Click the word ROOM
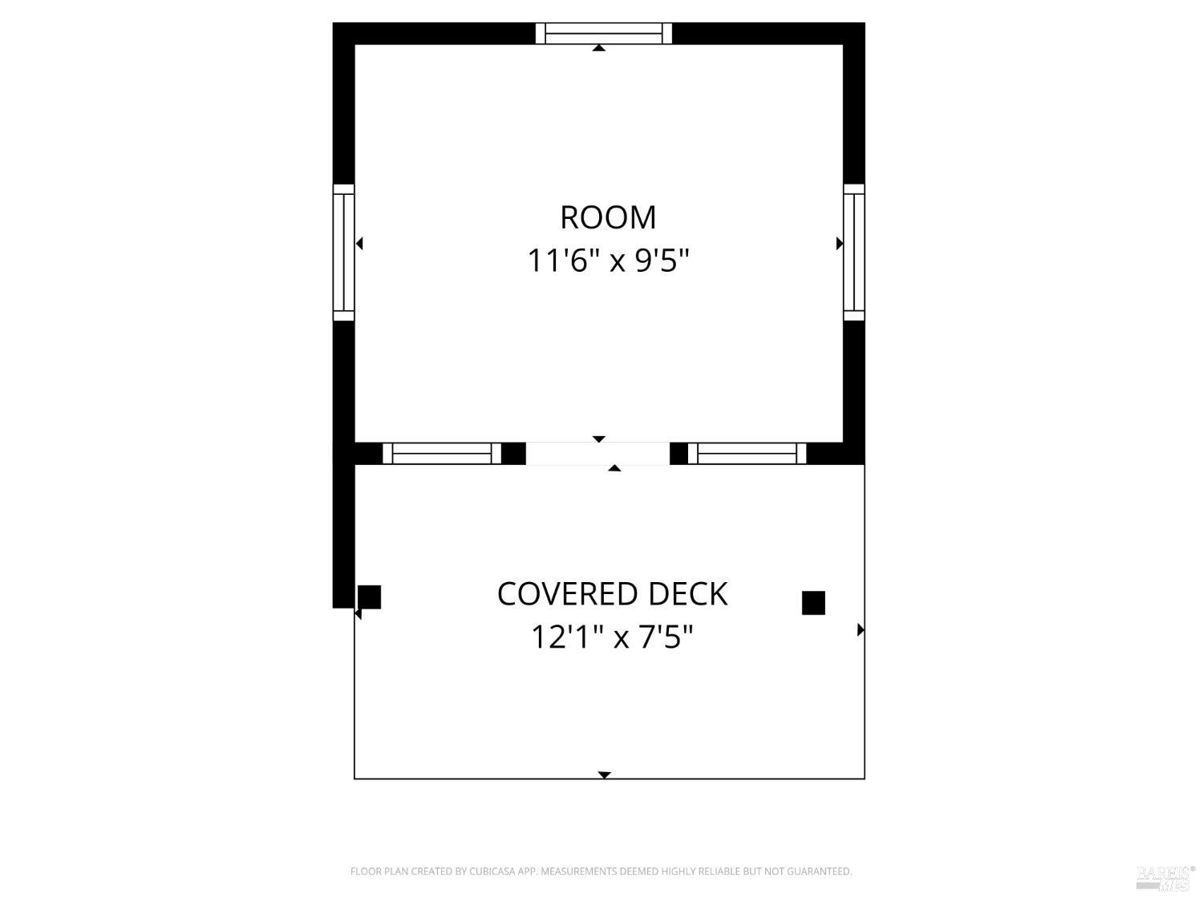tap(607, 217)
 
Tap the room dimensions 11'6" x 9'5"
tap(607, 260)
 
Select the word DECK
tap(688, 593)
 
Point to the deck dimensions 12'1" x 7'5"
tap(612, 637)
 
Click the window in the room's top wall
tap(603, 34)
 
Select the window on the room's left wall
tap(343, 252)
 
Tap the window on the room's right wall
tap(854, 252)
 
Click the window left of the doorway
tap(442, 454)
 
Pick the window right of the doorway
tap(747, 454)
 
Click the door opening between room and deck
tap(597, 454)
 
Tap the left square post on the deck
tap(370, 597)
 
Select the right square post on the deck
tap(813, 603)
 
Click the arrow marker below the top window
tap(599, 48)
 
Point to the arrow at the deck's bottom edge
tap(604, 775)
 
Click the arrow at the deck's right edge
tap(861, 630)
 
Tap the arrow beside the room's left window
tap(359, 243)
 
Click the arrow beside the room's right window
tap(840, 244)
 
